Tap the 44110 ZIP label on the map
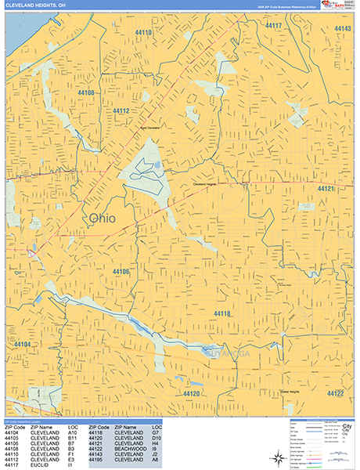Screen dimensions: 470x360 [x=143, y=33]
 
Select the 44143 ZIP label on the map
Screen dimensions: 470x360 [x=342, y=29]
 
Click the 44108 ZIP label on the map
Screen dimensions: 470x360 [x=86, y=92]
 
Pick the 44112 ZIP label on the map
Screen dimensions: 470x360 [x=121, y=111]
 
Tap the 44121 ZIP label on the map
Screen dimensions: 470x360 [x=326, y=189]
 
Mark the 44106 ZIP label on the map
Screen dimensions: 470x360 [x=121, y=271]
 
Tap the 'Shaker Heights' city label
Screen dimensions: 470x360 [x=290, y=392]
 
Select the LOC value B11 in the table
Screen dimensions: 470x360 [x=73, y=438]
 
